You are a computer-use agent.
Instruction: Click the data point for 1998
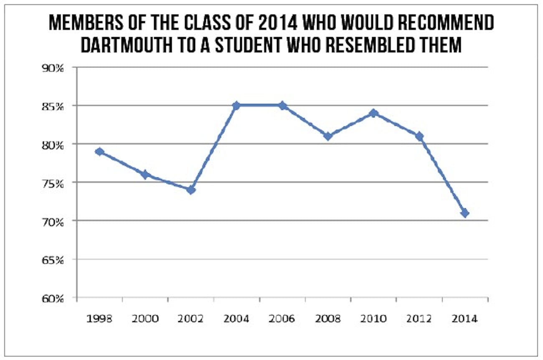click(x=99, y=151)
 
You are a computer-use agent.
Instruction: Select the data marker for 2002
click(x=191, y=190)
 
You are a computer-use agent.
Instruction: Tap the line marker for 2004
click(x=236, y=105)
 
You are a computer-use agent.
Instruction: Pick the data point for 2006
click(x=282, y=105)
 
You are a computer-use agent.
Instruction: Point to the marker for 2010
click(x=374, y=113)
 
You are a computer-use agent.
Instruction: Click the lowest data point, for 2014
click(x=465, y=213)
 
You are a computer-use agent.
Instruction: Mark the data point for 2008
click(x=328, y=136)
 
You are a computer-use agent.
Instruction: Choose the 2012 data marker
click(x=419, y=136)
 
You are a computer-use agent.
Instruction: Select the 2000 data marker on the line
click(x=145, y=175)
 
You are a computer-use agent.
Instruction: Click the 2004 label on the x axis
click(x=236, y=319)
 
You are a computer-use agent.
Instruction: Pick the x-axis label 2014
click(x=465, y=319)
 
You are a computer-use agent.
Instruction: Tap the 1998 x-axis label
click(x=99, y=319)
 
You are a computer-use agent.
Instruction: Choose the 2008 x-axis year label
click(x=328, y=319)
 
